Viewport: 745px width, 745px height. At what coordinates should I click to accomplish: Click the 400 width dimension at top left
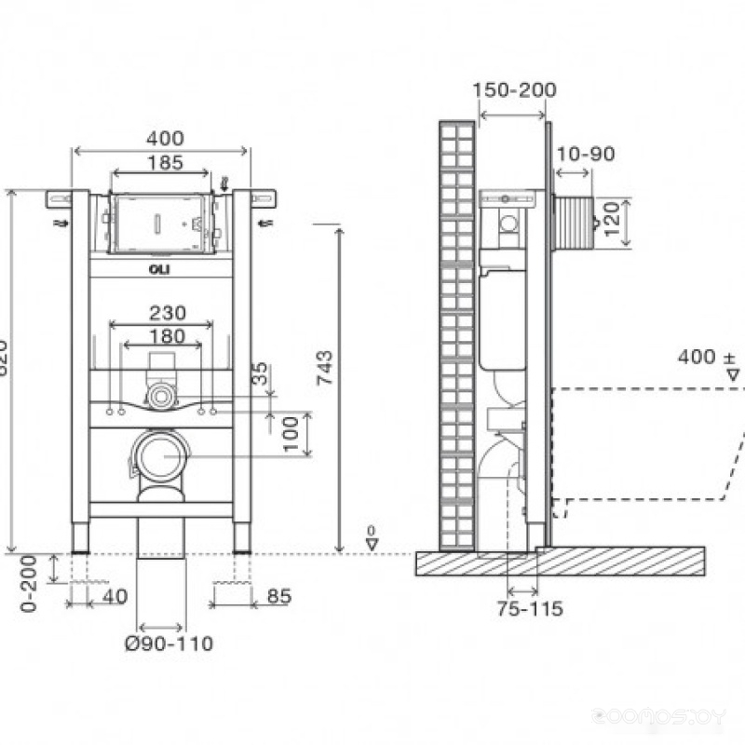click(164, 139)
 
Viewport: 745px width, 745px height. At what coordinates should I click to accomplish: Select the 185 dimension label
click(164, 162)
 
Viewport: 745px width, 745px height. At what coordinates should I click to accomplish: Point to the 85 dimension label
click(278, 596)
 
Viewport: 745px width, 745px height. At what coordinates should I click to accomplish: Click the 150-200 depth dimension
click(514, 90)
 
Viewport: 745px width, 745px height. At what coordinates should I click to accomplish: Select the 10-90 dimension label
click(585, 154)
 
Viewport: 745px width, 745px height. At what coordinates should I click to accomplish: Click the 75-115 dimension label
click(531, 609)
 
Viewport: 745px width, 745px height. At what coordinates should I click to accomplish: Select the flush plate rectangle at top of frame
click(160, 223)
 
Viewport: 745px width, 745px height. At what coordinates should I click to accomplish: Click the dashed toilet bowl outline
click(643, 447)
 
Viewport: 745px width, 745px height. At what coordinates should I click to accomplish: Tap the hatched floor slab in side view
click(559, 562)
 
